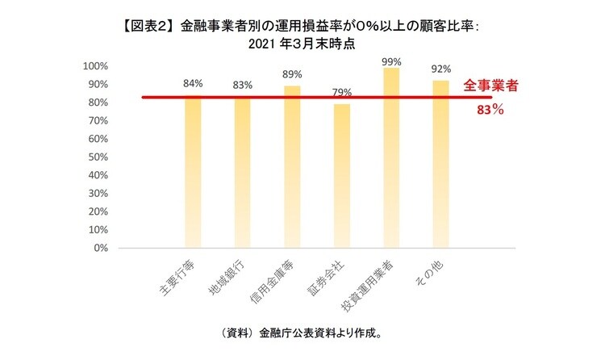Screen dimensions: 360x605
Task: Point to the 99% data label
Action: point(391,61)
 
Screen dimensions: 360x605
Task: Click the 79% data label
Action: point(342,91)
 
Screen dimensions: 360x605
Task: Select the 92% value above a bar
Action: point(441,69)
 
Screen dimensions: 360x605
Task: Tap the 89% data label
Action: point(292,74)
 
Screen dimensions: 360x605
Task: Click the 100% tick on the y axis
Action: point(96,66)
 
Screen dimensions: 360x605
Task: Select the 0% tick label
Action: point(101,248)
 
